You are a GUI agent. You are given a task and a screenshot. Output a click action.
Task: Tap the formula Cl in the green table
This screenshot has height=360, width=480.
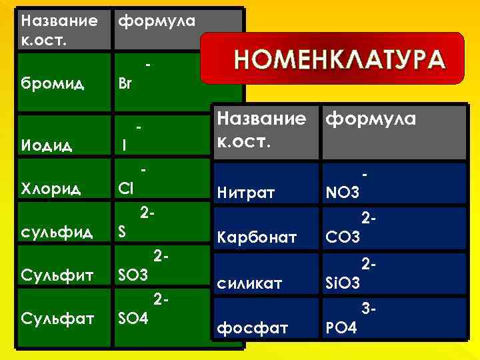pos(125,189)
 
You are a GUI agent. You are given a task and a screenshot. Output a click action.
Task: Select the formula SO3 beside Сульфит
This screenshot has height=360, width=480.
pos(132,275)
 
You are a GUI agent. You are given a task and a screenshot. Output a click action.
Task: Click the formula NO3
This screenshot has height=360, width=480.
pos(342,194)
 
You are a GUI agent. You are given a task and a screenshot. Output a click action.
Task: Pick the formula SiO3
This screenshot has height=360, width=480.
pos(343,283)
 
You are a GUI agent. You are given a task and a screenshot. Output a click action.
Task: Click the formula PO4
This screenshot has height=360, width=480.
pos(341,327)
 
